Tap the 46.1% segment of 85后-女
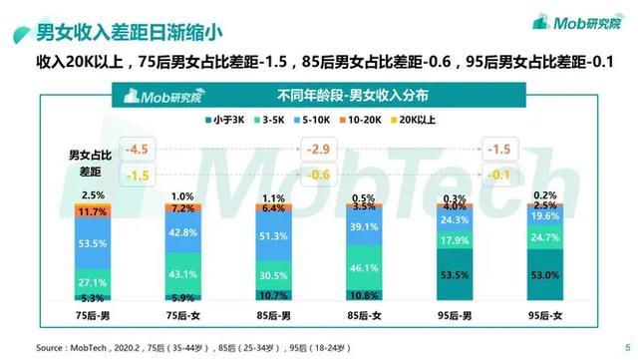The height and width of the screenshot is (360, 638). (x=363, y=268)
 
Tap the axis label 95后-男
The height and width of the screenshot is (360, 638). (x=454, y=316)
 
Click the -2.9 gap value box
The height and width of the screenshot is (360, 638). (x=318, y=151)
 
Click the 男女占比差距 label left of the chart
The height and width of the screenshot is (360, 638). (x=89, y=163)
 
